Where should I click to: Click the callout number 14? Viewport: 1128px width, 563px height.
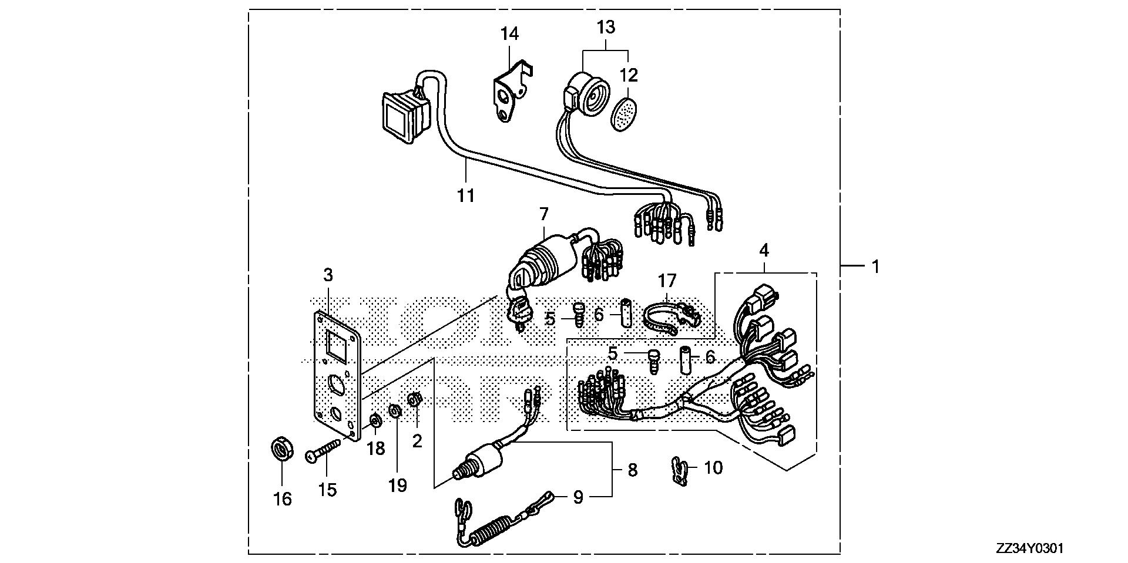509,34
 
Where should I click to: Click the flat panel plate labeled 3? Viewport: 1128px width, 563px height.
335,376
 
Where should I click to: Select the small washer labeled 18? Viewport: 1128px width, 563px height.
375,421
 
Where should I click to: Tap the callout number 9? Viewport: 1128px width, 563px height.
578,498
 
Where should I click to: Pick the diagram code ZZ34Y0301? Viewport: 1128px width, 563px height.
1029,548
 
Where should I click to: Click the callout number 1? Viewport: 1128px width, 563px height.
875,267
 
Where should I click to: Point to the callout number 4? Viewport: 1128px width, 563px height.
764,251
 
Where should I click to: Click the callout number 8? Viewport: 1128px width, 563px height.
632,470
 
